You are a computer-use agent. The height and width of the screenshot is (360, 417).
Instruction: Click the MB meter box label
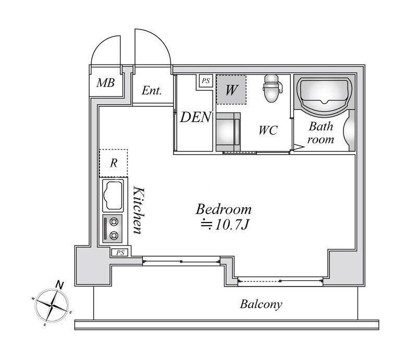click(x=106, y=83)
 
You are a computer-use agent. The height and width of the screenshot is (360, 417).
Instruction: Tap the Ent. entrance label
click(x=152, y=91)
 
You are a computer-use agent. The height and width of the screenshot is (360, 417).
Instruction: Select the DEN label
click(x=196, y=117)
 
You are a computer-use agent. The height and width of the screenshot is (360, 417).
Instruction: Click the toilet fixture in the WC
click(x=272, y=88)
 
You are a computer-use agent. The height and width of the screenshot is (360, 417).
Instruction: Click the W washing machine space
click(x=231, y=90)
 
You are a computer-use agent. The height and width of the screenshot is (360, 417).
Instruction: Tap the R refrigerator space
click(x=114, y=163)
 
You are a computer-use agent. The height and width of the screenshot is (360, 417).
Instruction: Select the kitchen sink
click(x=113, y=195)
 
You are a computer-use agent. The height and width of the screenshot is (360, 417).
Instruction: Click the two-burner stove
click(x=113, y=228)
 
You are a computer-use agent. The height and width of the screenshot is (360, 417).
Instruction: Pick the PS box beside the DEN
click(x=206, y=81)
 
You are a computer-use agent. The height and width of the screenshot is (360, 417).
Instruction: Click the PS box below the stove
click(x=120, y=253)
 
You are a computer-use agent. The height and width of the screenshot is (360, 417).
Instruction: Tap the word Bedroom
click(x=224, y=209)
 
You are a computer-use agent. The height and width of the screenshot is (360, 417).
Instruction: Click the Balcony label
click(x=261, y=304)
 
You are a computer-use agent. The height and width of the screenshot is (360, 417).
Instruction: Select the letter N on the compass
click(x=60, y=285)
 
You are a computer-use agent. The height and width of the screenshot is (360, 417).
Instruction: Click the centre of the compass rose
click(x=52, y=305)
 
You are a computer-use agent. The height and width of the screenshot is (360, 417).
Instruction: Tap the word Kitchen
click(x=139, y=210)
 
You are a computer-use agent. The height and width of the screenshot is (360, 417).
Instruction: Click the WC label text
click(x=268, y=130)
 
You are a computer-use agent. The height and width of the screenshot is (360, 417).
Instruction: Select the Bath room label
click(x=321, y=133)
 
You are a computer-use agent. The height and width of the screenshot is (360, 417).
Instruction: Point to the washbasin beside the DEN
click(x=228, y=132)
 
